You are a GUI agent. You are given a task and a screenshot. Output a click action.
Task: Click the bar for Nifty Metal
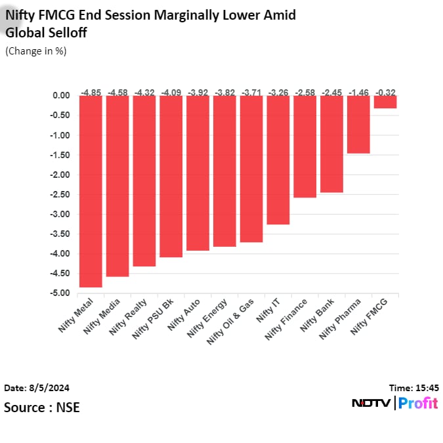[x=91, y=191]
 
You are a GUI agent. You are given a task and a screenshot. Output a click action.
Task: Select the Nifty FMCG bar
[x=385, y=102]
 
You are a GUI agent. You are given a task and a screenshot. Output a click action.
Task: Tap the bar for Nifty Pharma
[x=358, y=124]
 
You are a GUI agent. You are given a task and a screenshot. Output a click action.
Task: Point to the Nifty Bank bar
[x=331, y=144]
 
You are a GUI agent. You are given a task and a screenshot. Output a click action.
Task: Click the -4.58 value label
[x=117, y=93]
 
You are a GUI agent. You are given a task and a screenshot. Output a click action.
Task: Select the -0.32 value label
[x=385, y=93]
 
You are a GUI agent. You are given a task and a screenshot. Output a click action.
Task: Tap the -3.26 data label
[x=278, y=93]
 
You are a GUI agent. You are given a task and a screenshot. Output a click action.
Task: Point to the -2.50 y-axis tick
[x=60, y=195]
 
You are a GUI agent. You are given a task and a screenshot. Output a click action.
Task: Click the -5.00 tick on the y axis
[x=60, y=293]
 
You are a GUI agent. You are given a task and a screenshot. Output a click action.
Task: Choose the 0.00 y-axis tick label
[x=61, y=96]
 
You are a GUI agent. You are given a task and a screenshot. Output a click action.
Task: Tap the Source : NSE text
[x=42, y=408]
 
